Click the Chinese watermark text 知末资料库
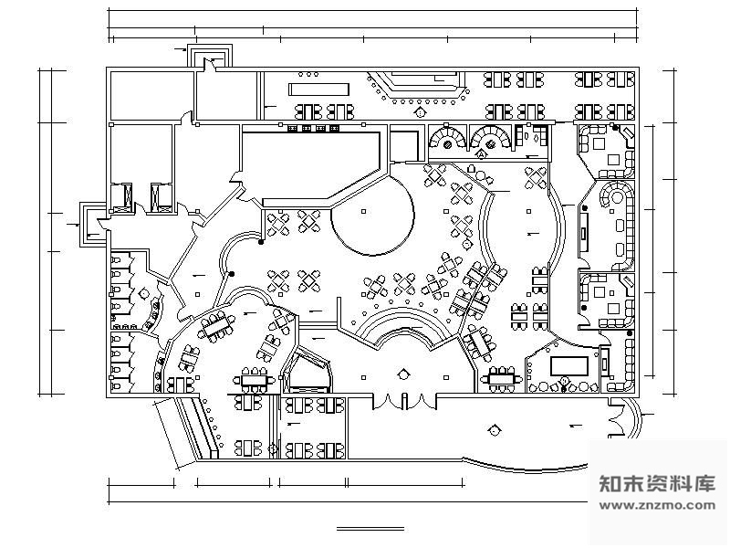coord(658,484)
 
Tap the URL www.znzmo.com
coord(658,505)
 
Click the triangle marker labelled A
coord(482,153)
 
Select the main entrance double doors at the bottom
coord(404,401)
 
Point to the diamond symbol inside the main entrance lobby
coord(403,374)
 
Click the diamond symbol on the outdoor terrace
coord(494,430)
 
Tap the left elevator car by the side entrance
coord(122,198)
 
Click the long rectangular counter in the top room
coord(318,89)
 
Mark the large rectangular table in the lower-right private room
coord(568,366)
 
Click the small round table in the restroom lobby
coord(144,293)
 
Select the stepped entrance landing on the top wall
coord(210,57)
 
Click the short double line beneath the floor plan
coord(370,529)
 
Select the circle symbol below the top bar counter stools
coord(420,112)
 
